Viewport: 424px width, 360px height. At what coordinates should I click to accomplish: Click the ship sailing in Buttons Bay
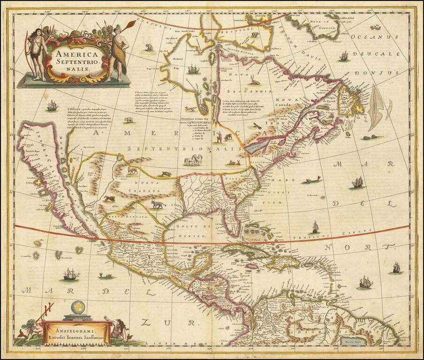click(193, 70)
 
